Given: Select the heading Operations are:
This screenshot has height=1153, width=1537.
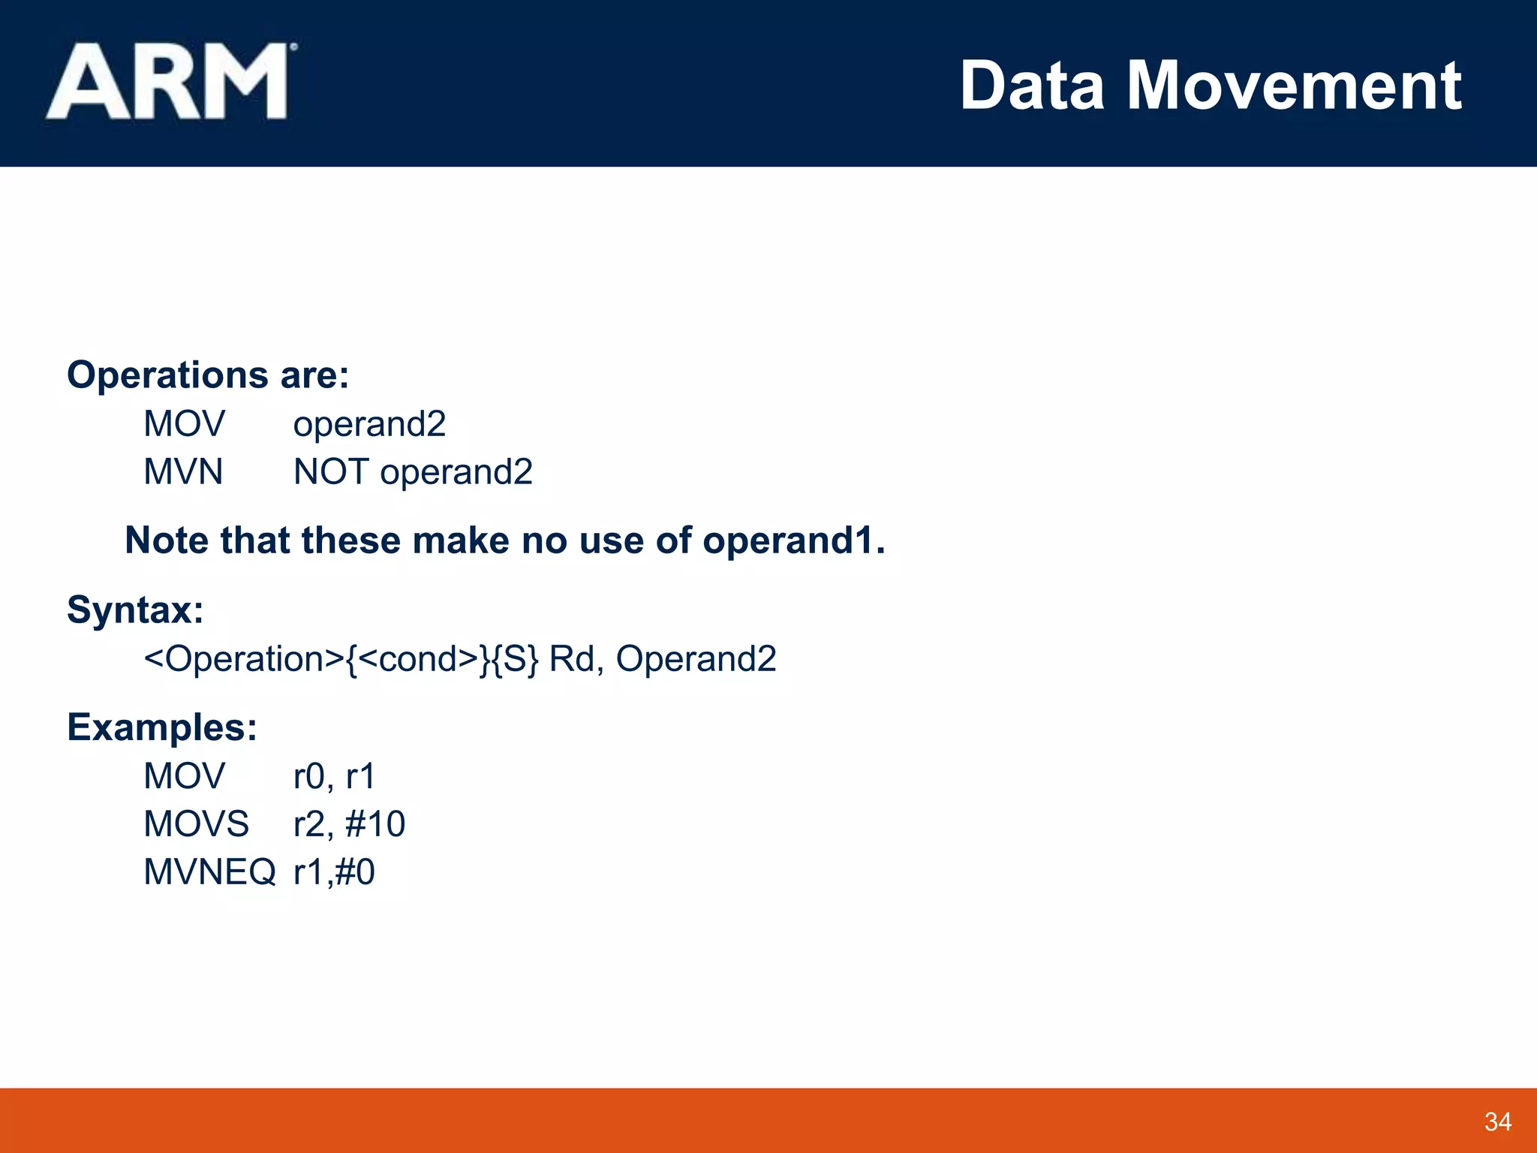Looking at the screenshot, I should [x=208, y=375].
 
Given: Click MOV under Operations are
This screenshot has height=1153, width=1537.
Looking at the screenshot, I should [x=184, y=424].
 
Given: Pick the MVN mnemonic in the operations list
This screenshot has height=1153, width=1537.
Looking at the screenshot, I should [x=183, y=472].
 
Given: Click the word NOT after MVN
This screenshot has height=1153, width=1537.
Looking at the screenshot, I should [x=330, y=472].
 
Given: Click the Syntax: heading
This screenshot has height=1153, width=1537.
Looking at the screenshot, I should [x=135, y=610].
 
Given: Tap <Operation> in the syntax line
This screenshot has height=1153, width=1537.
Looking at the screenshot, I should [x=244, y=659].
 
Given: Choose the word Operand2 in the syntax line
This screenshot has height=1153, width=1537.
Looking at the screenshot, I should [x=696, y=659].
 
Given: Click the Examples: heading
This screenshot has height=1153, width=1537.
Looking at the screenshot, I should [x=162, y=727].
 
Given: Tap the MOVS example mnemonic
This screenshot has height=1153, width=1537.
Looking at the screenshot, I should [x=196, y=824].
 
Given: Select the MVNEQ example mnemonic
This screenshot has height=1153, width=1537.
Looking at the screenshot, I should [x=209, y=872].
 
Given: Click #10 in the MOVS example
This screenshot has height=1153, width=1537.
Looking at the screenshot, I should [x=375, y=824].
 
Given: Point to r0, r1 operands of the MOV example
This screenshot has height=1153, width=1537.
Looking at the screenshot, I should [x=334, y=776].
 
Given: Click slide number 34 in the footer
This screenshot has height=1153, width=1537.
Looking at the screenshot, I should [x=1497, y=1121].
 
